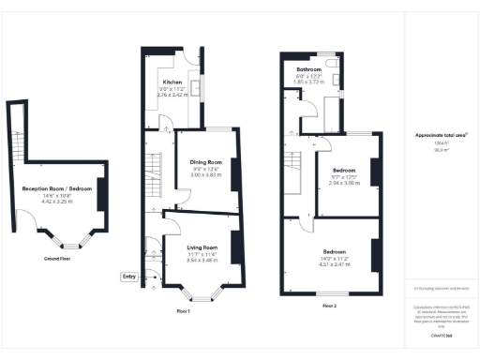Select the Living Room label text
point(197,248)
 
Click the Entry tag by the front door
point(128,276)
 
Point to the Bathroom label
point(309,70)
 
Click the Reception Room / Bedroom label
point(57,188)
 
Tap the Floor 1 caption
point(184,310)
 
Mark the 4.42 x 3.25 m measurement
point(57,201)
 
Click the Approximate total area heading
point(441,135)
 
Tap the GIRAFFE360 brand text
point(441,333)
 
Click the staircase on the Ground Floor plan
point(16,141)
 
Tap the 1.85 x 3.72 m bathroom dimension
point(309,83)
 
